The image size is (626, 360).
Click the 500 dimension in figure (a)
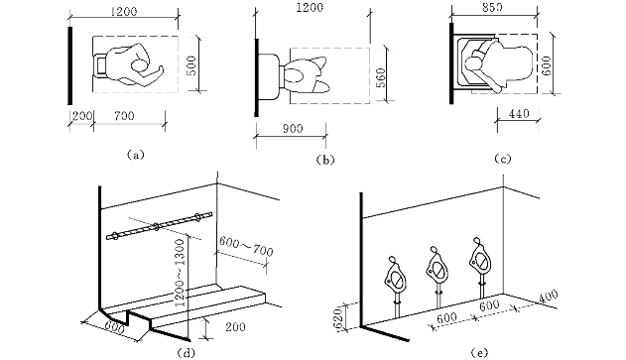(x=191, y=64)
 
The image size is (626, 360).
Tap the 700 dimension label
(x=124, y=116)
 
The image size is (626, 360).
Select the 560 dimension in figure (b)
(x=381, y=77)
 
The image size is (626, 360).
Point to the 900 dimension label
(x=293, y=129)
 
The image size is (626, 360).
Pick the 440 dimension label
(x=519, y=114)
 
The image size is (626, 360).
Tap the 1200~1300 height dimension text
(x=180, y=274)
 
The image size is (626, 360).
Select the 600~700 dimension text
(x=246, y=247)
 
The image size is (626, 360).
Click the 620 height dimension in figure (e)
(x=338, y=316)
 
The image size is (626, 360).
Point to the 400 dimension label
(x=549, y=299)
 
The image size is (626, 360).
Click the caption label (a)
(x=135, y=155)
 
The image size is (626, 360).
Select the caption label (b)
(x=325, y=160)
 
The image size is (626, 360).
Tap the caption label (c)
(x=502, y=159)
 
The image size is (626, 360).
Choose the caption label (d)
(x=186, y=353)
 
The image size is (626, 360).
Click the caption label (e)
(x=479, y=353)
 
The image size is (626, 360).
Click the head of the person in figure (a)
(x=139, y=65)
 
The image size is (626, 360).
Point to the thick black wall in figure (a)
(x=70, y=65)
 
